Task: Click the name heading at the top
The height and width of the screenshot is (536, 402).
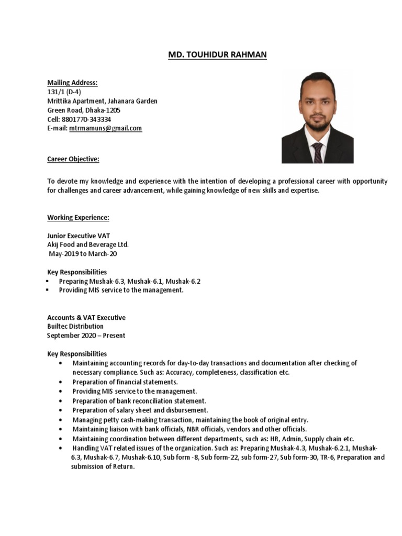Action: [217, 55]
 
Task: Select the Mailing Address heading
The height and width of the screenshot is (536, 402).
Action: [72, 83]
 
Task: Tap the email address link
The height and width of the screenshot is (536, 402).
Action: [105, 128]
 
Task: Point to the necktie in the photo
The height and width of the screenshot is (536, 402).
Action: [318, 151]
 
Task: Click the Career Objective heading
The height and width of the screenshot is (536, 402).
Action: [73, 159]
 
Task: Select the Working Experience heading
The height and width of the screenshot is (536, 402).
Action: [78, 218]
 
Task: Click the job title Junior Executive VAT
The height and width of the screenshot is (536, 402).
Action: [78, 236]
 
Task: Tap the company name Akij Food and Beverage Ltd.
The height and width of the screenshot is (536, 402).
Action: [87, 244]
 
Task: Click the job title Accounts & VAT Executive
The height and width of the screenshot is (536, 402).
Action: [86, 318]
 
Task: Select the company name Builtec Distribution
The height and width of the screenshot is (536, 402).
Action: [75, 327]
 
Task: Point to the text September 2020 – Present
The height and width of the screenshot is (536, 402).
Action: [86, 336]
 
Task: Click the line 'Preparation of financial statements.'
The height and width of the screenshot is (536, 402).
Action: [125, 382]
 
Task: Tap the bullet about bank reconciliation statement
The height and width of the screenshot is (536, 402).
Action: [136, 400]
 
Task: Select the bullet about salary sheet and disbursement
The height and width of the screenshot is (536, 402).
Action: [140, 410]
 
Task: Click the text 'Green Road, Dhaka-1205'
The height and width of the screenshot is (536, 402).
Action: [84, 110]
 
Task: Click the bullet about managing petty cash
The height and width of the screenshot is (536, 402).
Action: [191, 419]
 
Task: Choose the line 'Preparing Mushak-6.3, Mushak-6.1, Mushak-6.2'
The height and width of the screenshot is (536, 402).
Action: [129, 281]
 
